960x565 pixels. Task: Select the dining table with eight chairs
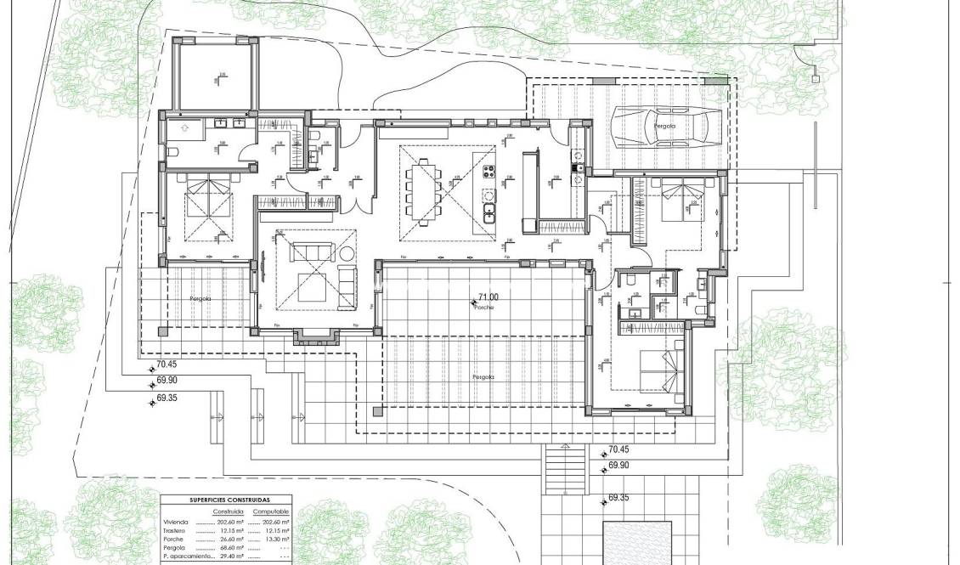pos(423,191)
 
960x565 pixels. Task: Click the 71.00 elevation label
pos(488,297)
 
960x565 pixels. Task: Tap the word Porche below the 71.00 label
pos(483,307)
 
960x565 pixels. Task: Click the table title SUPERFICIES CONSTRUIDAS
pos(225,500)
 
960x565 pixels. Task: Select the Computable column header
pos(272,512)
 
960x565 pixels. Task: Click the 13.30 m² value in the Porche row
pos(277,540)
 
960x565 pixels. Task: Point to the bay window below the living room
pos(316,336)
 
